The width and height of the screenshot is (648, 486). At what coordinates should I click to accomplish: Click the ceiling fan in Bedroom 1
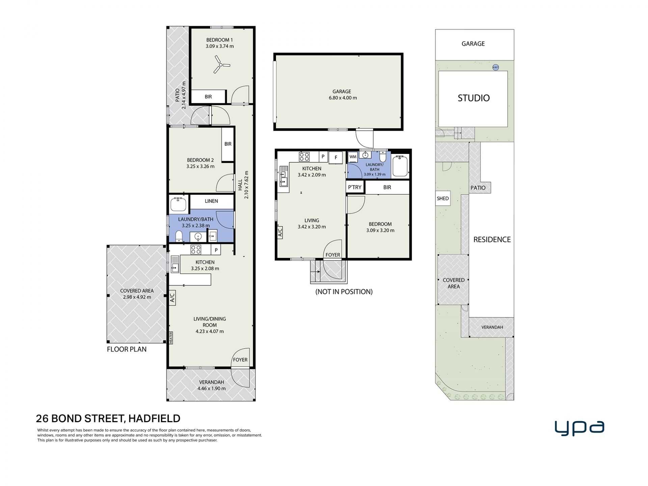[x=221, y=64]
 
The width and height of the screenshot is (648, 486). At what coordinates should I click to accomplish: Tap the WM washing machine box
[x=353, y=157]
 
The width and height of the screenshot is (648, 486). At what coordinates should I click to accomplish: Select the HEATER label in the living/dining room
[x=171, y=338]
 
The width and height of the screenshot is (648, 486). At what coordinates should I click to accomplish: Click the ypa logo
[x=579, y=428]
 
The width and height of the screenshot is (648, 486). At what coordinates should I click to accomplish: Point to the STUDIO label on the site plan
[x=474, y=98]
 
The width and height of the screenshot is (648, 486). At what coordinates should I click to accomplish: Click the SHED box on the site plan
[x=443, y=198]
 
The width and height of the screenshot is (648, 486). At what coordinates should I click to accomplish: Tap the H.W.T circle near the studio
[x=495, y=67]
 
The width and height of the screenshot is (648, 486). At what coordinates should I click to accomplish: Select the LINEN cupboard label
[x=211, y=201]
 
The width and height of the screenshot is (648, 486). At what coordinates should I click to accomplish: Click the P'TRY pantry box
[x=355, y=187]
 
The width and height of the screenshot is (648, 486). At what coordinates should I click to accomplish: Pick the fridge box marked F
[x=336, y=157]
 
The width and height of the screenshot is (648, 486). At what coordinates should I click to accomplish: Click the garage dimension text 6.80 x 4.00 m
[x=343, y=98]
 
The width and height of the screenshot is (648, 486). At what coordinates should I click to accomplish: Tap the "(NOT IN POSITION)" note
[x=344, y=292]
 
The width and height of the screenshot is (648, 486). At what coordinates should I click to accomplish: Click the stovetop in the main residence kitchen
[x=196, y=249]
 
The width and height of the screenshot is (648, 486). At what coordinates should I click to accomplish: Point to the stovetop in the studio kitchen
[x=304, y=157]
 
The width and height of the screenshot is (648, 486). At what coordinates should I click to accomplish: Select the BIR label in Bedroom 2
[x=228, y=144]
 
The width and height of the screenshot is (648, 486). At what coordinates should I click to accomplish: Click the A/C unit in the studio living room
[x=280, y=233]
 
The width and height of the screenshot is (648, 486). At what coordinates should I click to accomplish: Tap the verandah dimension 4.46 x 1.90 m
[x=212, y=388]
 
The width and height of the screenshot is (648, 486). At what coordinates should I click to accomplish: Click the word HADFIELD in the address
[x=154, y=418]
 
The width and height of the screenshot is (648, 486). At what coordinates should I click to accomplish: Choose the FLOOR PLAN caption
[x=127, y=349]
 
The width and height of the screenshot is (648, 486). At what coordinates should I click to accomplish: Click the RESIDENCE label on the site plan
[x=492, y=240]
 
